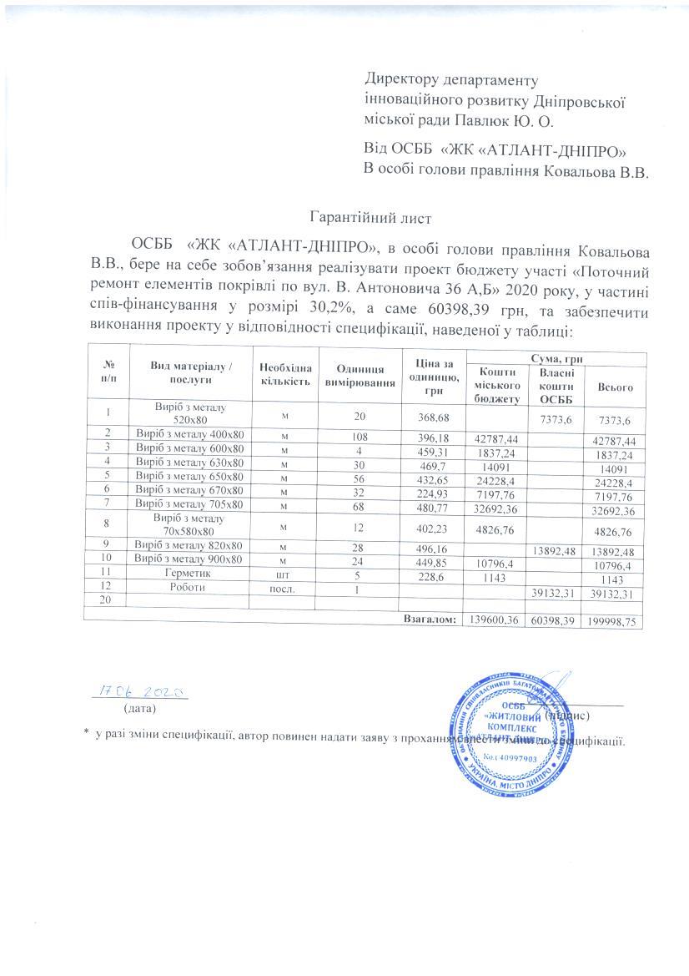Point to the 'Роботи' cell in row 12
189,586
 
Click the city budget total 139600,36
495,620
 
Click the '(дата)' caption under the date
138,709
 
